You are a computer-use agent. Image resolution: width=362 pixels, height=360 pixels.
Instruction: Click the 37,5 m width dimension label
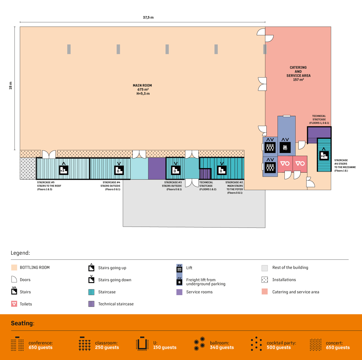148,18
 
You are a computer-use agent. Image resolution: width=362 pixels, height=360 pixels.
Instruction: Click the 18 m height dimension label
11,85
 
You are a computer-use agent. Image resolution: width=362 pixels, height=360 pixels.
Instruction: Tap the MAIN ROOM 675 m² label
142,89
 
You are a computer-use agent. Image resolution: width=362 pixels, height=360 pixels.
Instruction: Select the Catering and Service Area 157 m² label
298,74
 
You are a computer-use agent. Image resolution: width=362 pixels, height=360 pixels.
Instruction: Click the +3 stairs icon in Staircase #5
63,170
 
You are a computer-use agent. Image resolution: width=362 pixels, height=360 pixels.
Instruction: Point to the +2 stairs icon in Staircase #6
324,155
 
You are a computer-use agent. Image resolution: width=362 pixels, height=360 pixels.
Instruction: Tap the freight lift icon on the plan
285,147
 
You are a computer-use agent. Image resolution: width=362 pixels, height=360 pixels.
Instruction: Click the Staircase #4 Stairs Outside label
111,186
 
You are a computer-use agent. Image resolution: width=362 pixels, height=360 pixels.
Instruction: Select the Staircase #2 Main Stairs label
234,187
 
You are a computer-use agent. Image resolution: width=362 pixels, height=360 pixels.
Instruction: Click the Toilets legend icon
14,304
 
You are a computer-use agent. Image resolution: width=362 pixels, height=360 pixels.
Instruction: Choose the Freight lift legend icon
179,281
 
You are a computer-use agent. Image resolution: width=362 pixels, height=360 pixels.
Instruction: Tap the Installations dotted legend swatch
265,280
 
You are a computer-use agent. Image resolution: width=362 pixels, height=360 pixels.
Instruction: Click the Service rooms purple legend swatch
179,292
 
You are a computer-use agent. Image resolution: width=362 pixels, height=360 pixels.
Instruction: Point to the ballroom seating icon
199,344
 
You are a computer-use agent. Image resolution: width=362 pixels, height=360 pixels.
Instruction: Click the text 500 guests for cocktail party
279,348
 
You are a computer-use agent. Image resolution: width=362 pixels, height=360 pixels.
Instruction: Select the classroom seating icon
84,344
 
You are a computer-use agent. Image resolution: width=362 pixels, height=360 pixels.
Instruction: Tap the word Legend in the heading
20,253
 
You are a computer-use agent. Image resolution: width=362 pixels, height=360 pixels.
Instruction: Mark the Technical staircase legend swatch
91,304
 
